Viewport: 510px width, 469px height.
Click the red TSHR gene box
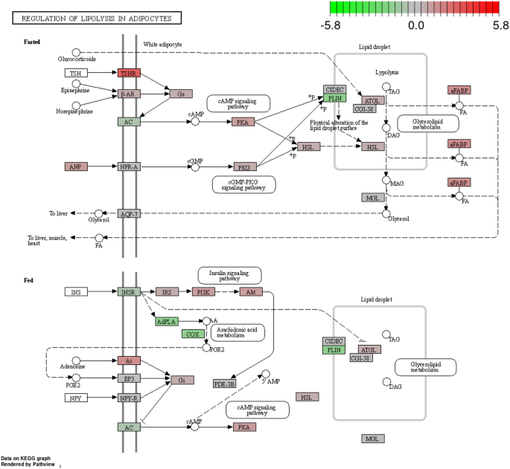128,73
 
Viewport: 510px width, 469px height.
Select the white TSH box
75,73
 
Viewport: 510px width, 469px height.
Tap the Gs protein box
181,94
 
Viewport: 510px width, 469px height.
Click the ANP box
75,166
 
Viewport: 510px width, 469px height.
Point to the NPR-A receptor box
128,166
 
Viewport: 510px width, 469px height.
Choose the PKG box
243,166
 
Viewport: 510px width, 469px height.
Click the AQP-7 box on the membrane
128,213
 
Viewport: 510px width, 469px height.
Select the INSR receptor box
128,292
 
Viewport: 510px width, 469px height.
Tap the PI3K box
203,292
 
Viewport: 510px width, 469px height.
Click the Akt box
251,292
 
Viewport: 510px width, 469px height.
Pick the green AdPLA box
167,321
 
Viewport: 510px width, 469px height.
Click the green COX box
191,334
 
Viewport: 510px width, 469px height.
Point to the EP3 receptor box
128,378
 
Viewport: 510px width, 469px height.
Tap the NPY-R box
128,398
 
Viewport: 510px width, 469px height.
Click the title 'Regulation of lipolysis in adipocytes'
97,17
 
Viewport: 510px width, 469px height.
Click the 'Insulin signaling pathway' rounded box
229,275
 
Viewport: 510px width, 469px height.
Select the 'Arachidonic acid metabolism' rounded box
238,331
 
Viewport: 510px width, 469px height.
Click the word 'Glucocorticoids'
77,59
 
